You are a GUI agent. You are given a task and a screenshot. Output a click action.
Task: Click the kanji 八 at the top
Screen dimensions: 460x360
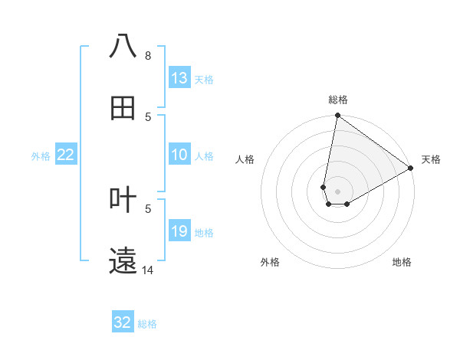pos(123,47)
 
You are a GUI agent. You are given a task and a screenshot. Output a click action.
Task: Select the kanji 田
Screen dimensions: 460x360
pos(123,108)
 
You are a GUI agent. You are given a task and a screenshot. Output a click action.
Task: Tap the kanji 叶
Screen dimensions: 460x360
pos(123,200)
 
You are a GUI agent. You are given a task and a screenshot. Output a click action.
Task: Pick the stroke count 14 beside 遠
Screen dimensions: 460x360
pos(148,270)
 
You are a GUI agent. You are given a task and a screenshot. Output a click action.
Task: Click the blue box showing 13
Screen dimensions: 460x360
pos(179,78)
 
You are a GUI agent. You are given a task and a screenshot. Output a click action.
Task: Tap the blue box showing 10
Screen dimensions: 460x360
pos(179,155)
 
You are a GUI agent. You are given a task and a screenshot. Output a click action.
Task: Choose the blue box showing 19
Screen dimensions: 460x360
pos(179,231)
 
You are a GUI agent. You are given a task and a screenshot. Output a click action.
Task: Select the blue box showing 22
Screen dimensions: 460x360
pos(66,155)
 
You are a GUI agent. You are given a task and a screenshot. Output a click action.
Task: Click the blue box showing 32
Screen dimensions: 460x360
pos(123,322)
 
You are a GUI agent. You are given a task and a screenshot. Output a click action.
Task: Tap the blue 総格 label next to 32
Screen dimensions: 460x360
pos(147,324)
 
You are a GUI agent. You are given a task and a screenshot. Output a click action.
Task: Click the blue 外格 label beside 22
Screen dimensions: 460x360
pos(41,156)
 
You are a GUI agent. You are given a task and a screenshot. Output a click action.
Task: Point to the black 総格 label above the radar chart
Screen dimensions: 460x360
pos(338,100)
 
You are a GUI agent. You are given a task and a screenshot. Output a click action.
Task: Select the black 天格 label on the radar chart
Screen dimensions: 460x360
pos(432,159)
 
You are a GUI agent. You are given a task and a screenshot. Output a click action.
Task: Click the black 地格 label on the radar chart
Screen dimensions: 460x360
pos(402,262)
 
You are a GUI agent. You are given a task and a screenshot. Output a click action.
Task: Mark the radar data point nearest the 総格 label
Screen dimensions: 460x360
pos(337,116)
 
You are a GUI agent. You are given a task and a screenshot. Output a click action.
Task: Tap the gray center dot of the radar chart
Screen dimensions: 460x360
pos(338,191)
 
